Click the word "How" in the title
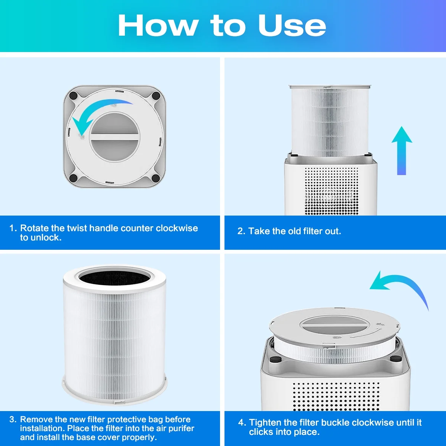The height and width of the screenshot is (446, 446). [x=158, y=25]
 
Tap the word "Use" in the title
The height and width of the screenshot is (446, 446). [x=292, y=26]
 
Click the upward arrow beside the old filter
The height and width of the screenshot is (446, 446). [x=401, y=151]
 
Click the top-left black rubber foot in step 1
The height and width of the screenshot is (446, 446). [x=73, y=96]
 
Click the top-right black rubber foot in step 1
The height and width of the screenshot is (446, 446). [x=156, y=96]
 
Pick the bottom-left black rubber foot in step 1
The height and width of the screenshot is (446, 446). [x=73, y=178]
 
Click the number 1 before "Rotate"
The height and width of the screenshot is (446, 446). [x=12, y=228]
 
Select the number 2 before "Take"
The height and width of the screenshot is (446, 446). [x=241, y=231]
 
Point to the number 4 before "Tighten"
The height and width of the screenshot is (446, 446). [x=242, y=423]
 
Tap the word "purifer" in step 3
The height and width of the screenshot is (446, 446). [x=181, y=429]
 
